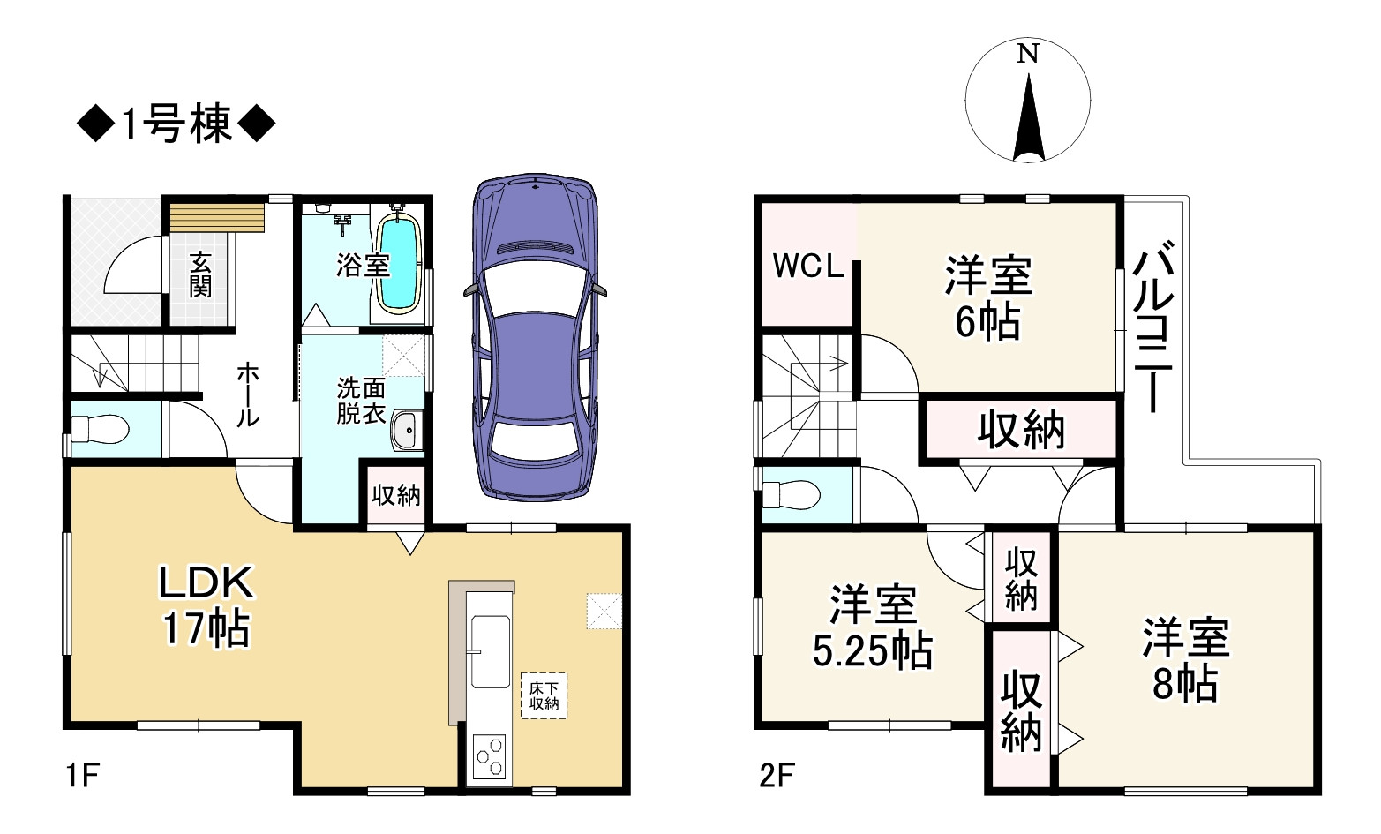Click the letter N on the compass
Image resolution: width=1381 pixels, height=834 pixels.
point(1027,55)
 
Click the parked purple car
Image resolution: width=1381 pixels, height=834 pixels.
point(535,335)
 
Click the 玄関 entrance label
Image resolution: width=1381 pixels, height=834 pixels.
point(200,274)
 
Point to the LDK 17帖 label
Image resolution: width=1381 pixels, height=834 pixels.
point(206,605)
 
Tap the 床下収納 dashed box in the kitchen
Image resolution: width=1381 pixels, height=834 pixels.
point(544,695)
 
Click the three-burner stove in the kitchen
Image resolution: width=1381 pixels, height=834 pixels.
point(490,756)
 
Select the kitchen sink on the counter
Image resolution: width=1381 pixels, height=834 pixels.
point(490,651)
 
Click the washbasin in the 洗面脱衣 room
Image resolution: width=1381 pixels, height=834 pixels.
point(407,430)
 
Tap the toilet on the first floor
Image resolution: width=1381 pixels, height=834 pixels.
point(100,431)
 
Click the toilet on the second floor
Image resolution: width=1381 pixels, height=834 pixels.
point(792,495)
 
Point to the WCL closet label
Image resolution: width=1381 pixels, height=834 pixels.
point(808,266)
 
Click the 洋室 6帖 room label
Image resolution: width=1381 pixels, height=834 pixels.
point(988,298)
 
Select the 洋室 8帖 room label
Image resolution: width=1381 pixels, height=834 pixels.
point(1185,661)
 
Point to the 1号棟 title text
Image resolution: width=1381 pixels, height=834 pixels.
point(176,124)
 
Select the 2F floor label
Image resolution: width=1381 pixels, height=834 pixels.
point(777,776)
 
